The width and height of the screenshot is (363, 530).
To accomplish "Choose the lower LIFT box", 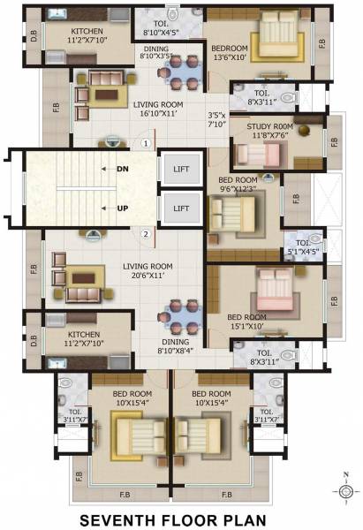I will (x=181, y=208).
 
